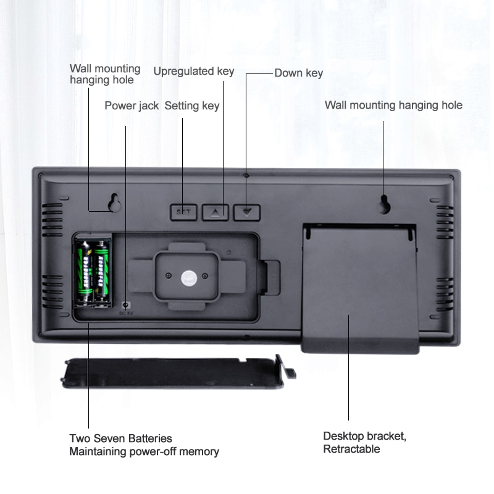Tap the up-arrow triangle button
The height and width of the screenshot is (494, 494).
pyautogui.click(x=216, y=212)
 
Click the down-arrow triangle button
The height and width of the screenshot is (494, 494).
pyautogui.click(x=248, y=212)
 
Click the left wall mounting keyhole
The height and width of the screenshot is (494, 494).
pyautogui.click(x=114, y=203)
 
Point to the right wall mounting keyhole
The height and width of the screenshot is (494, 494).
pyautogui.click(x=385, y=204)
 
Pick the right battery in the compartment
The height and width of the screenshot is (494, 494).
pyautogui.click(x=103, y=272)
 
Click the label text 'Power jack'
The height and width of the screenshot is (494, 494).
pyautogui.click(x=132, y=106)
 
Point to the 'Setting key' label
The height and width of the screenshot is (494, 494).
pyautogui.click(x=191, y=106)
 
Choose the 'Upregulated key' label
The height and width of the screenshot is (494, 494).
pyautogui.click(x=193, y=71)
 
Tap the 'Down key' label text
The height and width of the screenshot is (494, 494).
pyautogui.click(x=298, y=73)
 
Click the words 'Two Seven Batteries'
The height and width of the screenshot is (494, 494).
pyautogui.click(x=120, y=438)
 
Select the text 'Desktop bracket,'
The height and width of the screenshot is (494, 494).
pyautogui.click(x=364, y=436)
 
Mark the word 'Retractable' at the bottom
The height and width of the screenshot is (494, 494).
pyautogui.click(x=351, y=449)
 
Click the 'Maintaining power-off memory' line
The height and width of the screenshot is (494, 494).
pyautogui.click(x=144, y=451)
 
